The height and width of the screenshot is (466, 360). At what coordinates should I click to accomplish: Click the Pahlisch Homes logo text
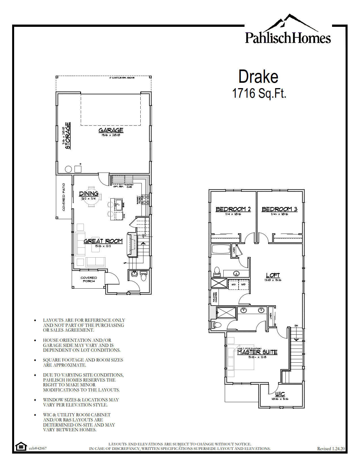coord(288,38)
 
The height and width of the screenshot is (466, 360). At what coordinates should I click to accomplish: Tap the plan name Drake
coord(258,77)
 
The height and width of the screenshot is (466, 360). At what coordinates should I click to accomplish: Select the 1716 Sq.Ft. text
coord(259,93)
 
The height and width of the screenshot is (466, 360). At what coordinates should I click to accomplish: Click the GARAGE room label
coord(111,130)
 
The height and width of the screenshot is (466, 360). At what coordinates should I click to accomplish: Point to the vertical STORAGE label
coord(68,136)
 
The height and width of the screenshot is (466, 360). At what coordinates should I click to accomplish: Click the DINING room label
coord(89,193)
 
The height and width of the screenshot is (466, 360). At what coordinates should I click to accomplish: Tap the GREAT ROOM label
coord(103,241)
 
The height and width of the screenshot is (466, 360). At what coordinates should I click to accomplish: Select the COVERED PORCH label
coord(89,279)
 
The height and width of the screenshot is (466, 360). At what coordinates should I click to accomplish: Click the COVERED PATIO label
coord(64,197)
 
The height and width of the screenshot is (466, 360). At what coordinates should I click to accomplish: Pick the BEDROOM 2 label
coord(233,209)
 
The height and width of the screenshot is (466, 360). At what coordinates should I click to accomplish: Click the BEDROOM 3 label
coord(280,209)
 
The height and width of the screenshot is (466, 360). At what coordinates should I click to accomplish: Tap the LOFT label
coord(273,275)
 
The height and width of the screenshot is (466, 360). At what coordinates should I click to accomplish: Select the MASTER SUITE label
coord(257,352)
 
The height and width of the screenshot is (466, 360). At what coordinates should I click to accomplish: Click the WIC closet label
coord(280,394)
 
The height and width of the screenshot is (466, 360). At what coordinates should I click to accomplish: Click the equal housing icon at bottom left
coord(21,447)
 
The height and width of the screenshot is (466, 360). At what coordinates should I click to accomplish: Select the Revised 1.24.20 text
coord(331,448)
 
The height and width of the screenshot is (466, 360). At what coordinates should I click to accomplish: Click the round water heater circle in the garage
coord(68,169)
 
